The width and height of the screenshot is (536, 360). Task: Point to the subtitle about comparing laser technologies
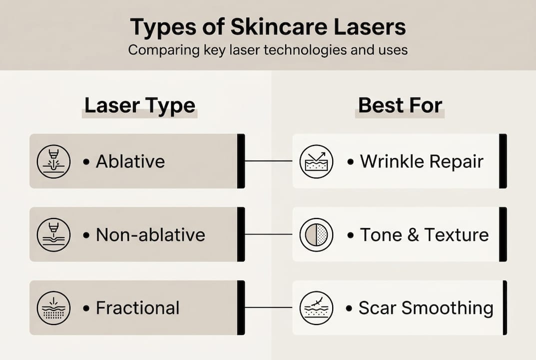coord(268,50)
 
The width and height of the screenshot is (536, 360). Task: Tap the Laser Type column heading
coord(139,105)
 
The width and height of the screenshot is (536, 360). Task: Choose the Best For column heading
coord(400,105)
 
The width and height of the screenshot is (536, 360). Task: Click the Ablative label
coord(130,161)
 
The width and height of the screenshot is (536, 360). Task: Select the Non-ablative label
coord(150,234)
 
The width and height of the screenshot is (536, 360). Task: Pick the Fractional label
coord(137,308)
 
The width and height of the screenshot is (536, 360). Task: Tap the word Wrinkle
coord(391,161)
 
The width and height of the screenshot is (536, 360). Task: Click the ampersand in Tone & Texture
coord(412,234)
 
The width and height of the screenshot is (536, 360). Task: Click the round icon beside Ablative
coord(53,161)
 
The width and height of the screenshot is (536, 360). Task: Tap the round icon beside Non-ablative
coord(53,234)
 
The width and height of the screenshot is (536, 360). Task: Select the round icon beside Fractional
coord(53,308)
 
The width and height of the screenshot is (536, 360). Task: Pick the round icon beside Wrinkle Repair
coord(316,161)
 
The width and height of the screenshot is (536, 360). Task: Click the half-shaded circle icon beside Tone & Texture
coord(316,234)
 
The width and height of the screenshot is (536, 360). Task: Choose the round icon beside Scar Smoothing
coord(316,308)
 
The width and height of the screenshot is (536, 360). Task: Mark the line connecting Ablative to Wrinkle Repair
coord(268,161)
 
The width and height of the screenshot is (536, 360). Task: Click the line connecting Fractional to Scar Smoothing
coord(268,307)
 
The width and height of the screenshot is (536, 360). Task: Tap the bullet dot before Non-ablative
coord(86,235)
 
